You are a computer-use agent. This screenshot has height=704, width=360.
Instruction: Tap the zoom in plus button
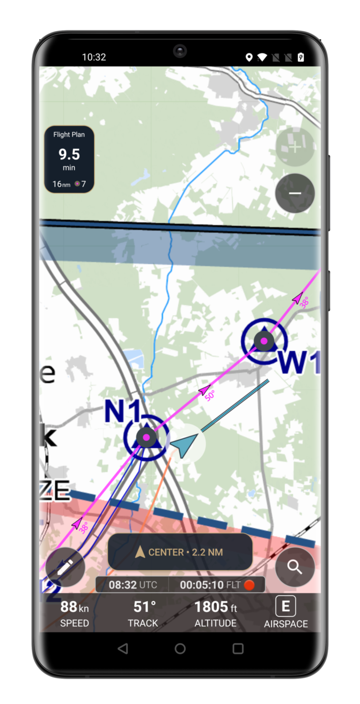tap(295, 147)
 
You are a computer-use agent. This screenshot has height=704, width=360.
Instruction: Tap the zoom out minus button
tap(295, 193)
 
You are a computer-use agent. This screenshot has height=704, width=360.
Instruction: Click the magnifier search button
tap(295, 567)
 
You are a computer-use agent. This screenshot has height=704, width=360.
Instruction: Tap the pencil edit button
tap(65, 567)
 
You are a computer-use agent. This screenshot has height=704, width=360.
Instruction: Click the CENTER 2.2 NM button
tap(180, 552)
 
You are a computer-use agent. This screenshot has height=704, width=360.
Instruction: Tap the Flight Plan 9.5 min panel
tap(69, 159)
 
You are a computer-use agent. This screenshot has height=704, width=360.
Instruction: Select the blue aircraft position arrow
tap(184, 444)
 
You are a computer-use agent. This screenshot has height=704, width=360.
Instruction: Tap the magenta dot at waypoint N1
tap(146, 437)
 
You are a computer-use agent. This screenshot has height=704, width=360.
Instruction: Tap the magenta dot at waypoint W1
tap(264, 341)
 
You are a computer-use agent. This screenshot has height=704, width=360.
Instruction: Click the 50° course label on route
tap(210, 395)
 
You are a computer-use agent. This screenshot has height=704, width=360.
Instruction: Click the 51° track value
tap(144, 607)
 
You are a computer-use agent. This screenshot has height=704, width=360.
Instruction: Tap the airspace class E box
tap(286, 606)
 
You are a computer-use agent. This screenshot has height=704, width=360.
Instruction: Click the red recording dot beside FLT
tap(249, 585)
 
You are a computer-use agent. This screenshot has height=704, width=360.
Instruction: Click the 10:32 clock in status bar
tap(94, 57)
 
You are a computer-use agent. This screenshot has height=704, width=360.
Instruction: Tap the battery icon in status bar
tap(301, 57)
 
